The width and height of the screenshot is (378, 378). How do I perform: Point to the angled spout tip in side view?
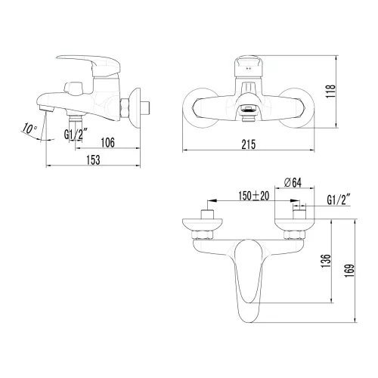[48, 110]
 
